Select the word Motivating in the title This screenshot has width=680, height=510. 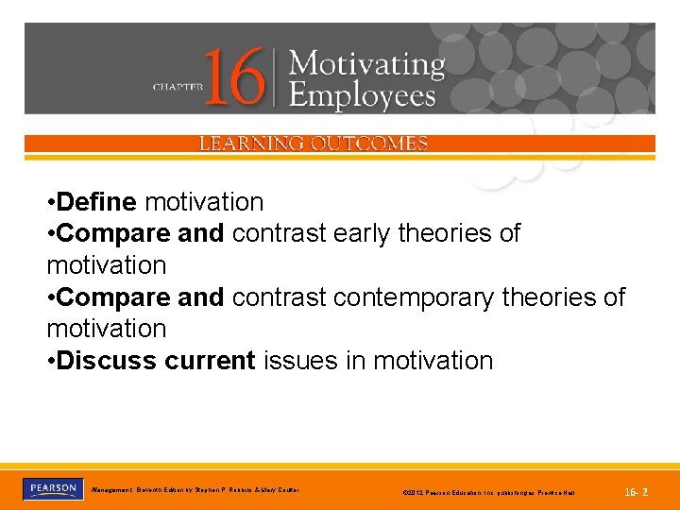(366, 65)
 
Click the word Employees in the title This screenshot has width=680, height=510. (363, 95)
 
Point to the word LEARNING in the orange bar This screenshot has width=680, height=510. (250, 144)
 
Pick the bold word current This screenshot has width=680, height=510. (211, 361)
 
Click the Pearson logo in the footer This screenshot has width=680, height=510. (51, 489)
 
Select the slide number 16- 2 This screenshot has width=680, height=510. (637, 492)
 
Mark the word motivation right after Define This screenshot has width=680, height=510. (204, 202)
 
